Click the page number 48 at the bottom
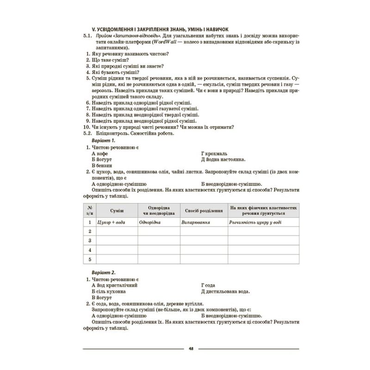pos(191,348)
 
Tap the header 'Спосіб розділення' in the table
pos(203,210)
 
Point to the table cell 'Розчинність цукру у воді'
pos(256,222)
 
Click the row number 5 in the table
pos(89,259)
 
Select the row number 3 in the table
pos(89,240)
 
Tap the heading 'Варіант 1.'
pos(103,140)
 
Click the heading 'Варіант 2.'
pos(103,273)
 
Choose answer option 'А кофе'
pos(100,153)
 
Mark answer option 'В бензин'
pos(102,165)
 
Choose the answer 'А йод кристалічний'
pos(113,286)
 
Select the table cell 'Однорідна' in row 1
pos(151,222)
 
